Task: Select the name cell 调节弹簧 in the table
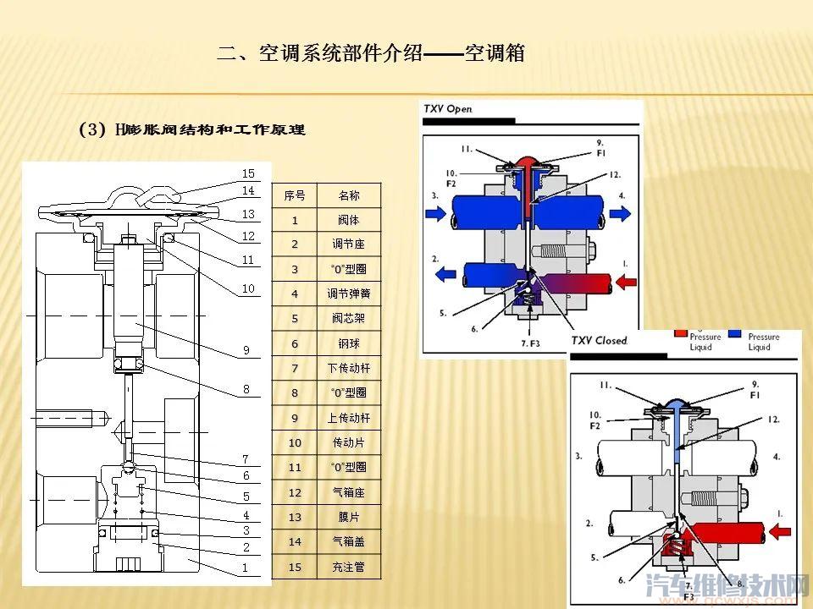click(349, 294)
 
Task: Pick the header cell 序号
click(294, 195)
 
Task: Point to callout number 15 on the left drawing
click(248, 173)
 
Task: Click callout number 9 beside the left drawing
click(246, 349)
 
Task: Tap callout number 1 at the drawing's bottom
click(246, 568)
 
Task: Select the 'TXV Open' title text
click(448, 109)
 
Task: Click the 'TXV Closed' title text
click(599, 340)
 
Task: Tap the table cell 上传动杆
click(349, 418)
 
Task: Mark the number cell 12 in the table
click(294, 492)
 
